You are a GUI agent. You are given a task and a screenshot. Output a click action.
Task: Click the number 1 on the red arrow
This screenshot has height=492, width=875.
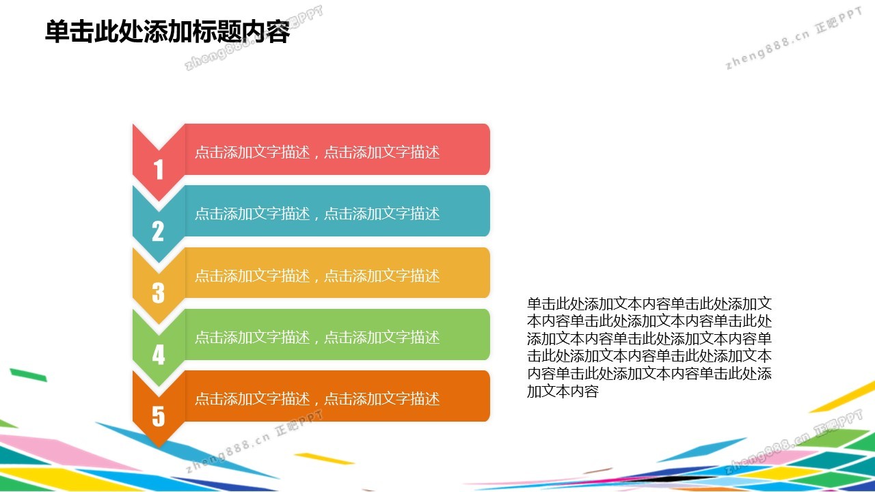(x=158, y=169)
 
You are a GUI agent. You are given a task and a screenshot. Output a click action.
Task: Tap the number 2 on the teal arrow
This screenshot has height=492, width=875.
(x=158, y=231)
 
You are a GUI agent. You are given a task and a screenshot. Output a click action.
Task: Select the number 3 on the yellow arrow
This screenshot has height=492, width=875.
(x=158, y=293)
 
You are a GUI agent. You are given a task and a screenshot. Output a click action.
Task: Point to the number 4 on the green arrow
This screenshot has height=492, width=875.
(x=158, y=355)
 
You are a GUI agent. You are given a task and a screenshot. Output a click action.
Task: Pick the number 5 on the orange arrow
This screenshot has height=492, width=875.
(x=158, y=416)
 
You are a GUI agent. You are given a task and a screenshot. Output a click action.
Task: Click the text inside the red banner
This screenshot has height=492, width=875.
(x=317, y=152)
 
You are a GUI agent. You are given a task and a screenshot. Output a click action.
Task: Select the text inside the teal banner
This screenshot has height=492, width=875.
(x=317, y=214)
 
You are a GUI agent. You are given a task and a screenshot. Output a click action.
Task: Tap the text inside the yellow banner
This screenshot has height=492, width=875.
(x=317, y=275)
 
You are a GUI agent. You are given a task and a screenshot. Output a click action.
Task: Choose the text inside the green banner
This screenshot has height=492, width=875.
(x=317, y=337)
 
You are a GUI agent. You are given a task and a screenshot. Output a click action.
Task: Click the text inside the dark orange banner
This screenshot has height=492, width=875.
(x=317, y=398)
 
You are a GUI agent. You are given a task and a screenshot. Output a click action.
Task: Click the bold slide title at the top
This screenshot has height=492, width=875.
(x=167, y=31)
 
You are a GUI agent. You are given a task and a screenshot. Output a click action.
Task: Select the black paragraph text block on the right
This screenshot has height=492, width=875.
(x=649, y=347)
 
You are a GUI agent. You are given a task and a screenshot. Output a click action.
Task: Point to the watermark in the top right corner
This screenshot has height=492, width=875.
(x=794, y=38)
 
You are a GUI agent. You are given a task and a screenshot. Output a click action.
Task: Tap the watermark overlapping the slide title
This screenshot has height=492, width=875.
(x=254, y=38)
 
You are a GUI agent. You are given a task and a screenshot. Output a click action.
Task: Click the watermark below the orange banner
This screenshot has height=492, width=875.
(x=254, y=441)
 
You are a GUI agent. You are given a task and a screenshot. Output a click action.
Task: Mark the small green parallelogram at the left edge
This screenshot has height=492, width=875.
(x=29, y=374)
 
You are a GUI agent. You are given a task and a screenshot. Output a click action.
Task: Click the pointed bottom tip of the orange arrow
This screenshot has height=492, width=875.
(x=159, y=447)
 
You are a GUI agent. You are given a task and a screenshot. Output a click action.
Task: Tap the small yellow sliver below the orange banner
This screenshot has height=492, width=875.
(x=323, y=459)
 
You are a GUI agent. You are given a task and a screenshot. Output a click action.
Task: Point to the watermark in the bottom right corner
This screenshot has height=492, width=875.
(x=794, y=441)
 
